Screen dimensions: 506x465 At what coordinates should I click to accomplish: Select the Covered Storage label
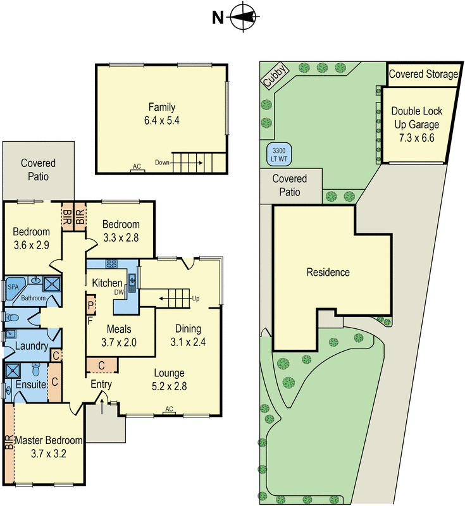pos(423,75)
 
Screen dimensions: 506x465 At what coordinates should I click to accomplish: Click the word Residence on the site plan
pos(328,273)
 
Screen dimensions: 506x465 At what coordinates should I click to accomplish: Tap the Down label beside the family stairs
pos(161,163)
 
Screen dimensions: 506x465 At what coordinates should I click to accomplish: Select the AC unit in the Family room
pos(136,168)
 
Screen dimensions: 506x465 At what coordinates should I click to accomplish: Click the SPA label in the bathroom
pos(13,287)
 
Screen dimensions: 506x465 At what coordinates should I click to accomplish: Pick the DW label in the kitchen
pos(118,292)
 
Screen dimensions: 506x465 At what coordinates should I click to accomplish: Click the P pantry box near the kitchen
pos(91,305)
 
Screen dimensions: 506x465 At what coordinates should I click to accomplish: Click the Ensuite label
pos(30,384)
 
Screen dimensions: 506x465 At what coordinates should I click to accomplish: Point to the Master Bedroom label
pos(49,440)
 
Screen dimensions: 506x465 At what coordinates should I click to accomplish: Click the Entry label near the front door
pos(101,385)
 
